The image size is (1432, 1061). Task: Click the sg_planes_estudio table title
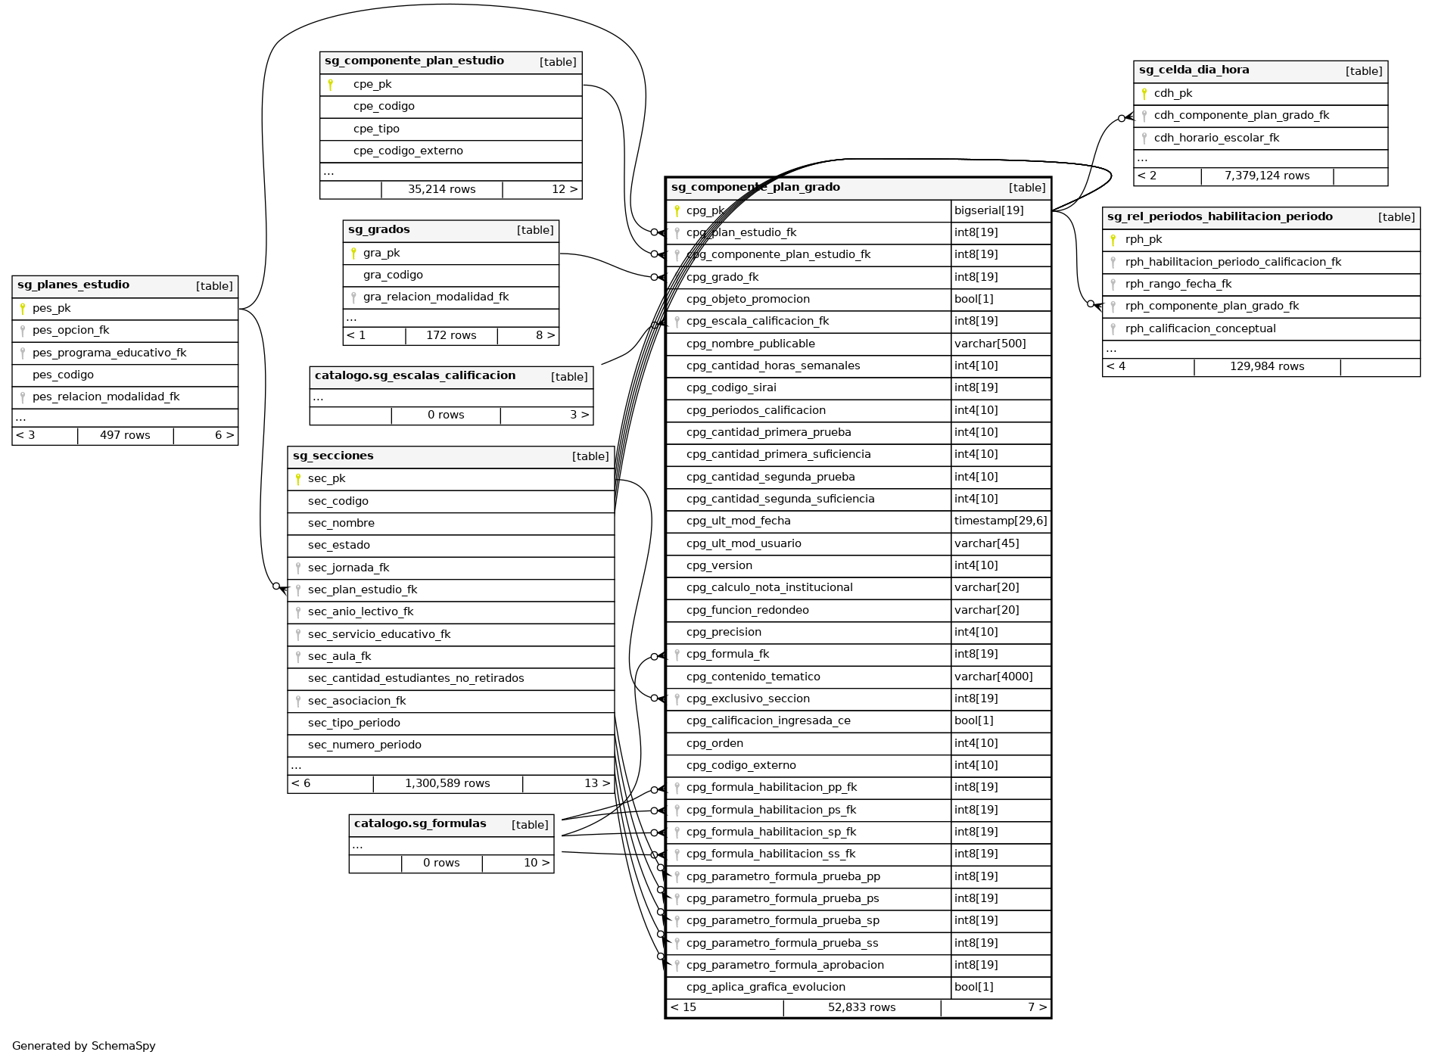[73, 285]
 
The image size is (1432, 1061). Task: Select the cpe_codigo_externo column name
[408, 151]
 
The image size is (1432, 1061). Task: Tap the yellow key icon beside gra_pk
[353, 253]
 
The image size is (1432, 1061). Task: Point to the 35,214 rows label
[441, 189]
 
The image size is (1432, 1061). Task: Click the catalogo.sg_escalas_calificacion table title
[415, 376]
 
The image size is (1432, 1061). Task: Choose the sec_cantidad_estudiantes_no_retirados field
[416, 678]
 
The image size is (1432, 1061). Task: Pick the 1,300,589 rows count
[447, 783]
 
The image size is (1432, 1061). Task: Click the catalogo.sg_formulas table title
[420, 824]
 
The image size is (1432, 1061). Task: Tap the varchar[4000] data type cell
[993, 677]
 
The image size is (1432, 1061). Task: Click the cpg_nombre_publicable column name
[750, 344]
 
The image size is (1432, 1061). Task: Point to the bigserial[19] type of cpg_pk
[988, 210]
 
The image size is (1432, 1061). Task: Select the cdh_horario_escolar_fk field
[1216, 138]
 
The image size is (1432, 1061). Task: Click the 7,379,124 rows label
[1266, 176]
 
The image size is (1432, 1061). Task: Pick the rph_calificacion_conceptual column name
[1200, 328]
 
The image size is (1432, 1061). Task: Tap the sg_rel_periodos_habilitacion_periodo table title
[1219, 217]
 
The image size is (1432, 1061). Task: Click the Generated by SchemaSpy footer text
[84, 1046]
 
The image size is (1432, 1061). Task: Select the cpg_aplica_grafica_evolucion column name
[765, 987]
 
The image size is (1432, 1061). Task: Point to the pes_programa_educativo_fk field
[109, 353]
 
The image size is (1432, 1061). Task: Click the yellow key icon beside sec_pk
[298, 478]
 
